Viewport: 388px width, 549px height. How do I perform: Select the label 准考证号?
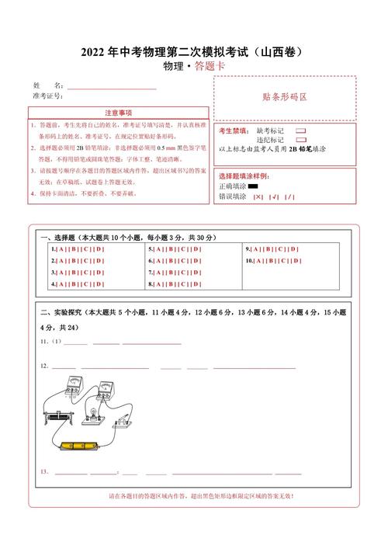point(47,96)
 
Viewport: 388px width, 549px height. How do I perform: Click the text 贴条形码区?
point(285,98)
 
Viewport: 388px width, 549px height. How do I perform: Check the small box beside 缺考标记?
point(300,131)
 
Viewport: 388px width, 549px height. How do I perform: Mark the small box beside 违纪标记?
point(300,140)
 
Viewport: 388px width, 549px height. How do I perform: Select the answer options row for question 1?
point(78,249)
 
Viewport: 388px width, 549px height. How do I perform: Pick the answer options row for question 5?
point(175,249)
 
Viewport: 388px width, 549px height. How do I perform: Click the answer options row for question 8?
point(175,284)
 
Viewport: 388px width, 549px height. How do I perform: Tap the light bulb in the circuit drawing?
point(92,411)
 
